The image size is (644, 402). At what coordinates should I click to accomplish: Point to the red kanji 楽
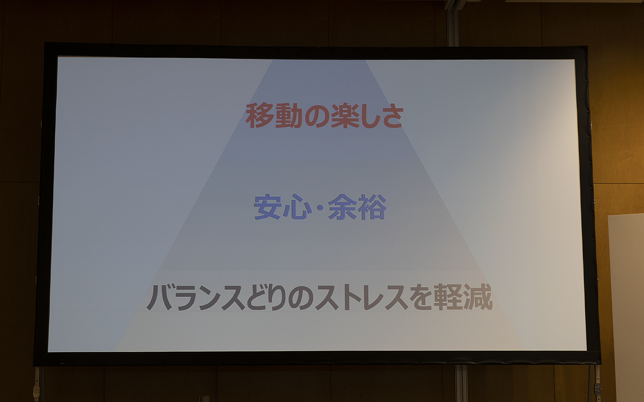[344, 116]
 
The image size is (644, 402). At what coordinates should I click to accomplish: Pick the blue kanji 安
[267, 207]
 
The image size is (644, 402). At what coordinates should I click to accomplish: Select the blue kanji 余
[342, 207]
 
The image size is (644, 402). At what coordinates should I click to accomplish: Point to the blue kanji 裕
[372, 207]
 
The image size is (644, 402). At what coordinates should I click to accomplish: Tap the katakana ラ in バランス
[185, 297]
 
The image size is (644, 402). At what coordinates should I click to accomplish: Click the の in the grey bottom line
[301, 297]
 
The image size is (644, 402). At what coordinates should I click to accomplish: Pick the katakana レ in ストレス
[373, 297]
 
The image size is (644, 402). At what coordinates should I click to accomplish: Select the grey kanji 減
[478, 297]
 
